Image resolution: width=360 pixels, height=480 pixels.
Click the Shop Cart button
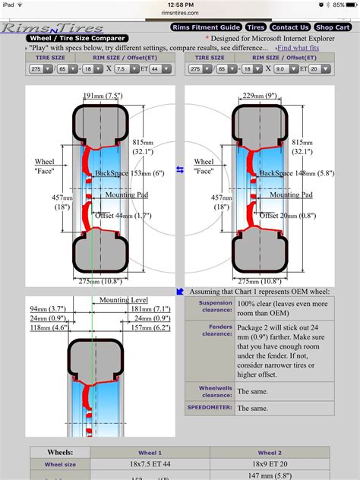point(333,27)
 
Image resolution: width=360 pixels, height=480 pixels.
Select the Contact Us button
point(289,27)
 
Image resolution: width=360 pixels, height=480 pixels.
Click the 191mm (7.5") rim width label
point(100,96)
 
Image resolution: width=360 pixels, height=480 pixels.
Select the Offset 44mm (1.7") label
point(122,216)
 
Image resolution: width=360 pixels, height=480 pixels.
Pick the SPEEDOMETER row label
point(210,408)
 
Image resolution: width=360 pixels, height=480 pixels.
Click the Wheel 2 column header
point(269,452)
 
